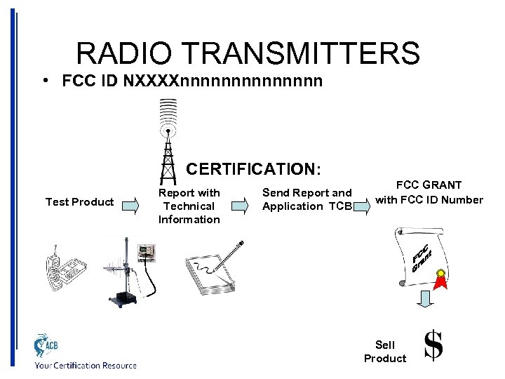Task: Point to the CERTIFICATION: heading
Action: (x=254, y=169)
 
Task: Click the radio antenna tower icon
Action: (x=168, y=140)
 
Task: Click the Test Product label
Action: (x=79, y=202)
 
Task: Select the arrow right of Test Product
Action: (x=130, y=206)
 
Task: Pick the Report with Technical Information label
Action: (x=189, y=206)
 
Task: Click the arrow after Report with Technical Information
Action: (x=240, y=206)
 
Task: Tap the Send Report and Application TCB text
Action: (x=307, y=199)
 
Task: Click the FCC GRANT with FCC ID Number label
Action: (x=429, y=192)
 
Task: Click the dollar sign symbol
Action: (x=434, y=346)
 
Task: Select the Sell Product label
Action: (x=385, y=352)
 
